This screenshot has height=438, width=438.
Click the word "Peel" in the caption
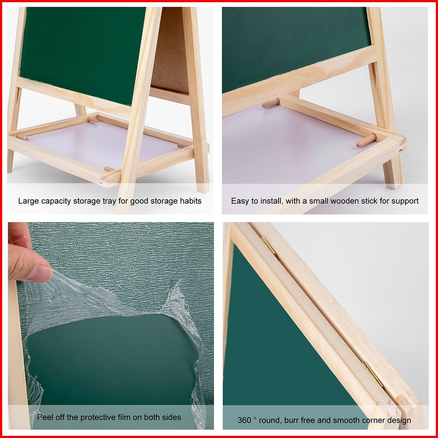[x=45, y=417]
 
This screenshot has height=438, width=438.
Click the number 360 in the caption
[x=244, y=420]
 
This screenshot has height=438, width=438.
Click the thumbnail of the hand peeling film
[x=111, y=326]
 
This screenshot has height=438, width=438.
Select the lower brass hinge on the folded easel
[x=373, y=374]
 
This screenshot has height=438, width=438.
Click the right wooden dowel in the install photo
[x=367, y=140]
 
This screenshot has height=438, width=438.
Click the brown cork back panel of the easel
[x=170, y=50]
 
